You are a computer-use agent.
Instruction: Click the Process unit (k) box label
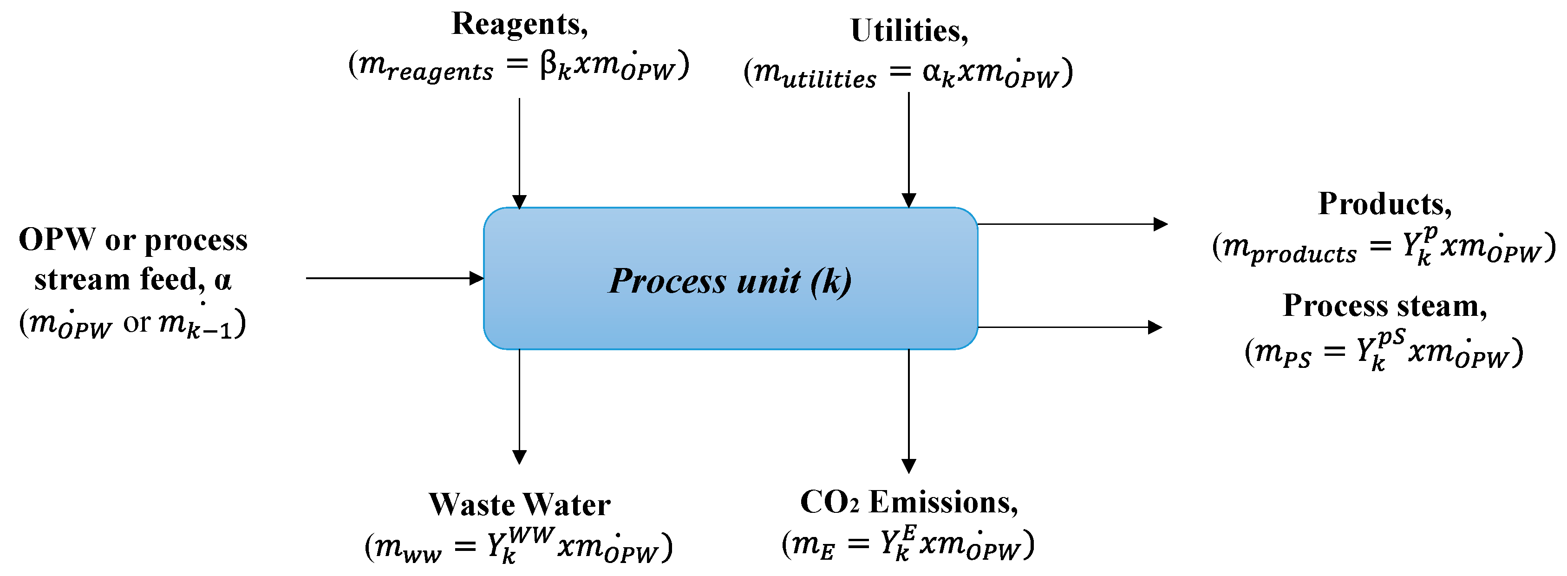(730, 281)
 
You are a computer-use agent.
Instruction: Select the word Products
(1384, 204)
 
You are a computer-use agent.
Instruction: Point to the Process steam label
(1384, 305)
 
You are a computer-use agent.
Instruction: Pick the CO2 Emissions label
(909, 503)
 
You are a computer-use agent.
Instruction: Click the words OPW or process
(133, 240)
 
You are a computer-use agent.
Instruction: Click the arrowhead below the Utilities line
(909, 201)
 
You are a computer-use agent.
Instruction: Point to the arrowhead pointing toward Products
(1161, 224)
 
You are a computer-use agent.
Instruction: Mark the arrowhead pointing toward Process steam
(1155, 327)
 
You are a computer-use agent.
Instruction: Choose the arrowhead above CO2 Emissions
(909, 466)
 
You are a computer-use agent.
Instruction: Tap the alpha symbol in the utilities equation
(932, 72)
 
